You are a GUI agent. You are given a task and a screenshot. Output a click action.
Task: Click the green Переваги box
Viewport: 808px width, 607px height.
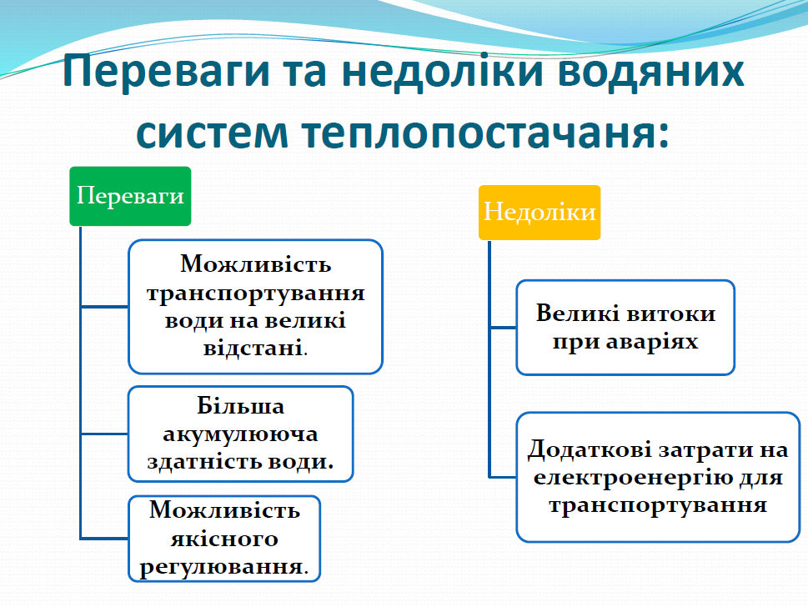click(x=130, y=196)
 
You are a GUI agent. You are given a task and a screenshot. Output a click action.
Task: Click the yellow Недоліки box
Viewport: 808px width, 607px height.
click(x=540, y=212)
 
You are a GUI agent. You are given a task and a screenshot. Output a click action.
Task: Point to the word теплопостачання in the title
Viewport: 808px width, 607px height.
click(x=473, y=135)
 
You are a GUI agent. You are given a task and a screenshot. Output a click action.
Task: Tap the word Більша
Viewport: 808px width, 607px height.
click(x=241, y=407)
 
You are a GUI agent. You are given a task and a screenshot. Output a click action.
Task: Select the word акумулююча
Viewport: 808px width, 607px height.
click(x=241, y=434)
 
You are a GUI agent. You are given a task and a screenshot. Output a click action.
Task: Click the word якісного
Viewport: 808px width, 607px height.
click(x=225, y=539)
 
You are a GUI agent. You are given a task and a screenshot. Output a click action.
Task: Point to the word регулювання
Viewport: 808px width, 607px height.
click(x=221, y=568)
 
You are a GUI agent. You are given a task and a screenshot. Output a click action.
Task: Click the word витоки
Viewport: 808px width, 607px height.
click(x=670, y=314)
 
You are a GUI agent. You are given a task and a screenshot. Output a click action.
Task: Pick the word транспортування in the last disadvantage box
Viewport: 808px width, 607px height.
click(x=658, y=506)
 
